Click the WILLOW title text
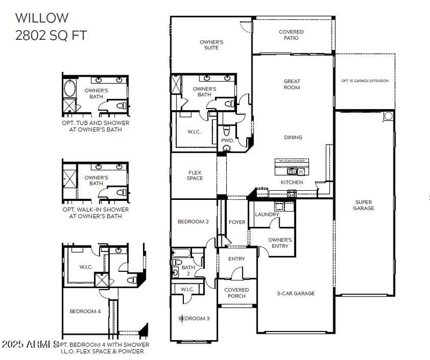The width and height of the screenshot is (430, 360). click(42, 18)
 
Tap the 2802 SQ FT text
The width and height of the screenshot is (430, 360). click(51, 35)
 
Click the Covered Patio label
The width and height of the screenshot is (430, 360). click(291, 35)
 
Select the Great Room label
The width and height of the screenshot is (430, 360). click(292, 84)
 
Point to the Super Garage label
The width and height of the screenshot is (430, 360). click(364, 205)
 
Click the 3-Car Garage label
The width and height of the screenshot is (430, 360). click(296, 293)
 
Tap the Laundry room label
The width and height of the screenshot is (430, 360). click(267, 214)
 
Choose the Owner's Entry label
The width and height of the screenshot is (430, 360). click(279, 243)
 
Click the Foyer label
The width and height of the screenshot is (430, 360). click(236, 222)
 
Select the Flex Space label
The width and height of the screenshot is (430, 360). click(195, 175)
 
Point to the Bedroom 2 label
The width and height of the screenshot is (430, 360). click(193, 221)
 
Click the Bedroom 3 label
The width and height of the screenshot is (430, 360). click(194, 319)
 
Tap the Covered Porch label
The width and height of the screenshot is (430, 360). click(236, 293)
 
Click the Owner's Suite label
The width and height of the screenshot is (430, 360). click(211, 45)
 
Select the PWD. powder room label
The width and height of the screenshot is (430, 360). click(227, 141)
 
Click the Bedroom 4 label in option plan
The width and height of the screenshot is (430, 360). click(84, 311)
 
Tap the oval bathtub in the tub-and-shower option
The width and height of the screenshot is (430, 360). click(70, 88)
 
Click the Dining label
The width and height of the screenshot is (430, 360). click(293, 138)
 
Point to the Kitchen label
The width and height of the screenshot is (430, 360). click(292, 182)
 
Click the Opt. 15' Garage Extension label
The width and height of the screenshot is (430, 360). click(365, 81)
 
